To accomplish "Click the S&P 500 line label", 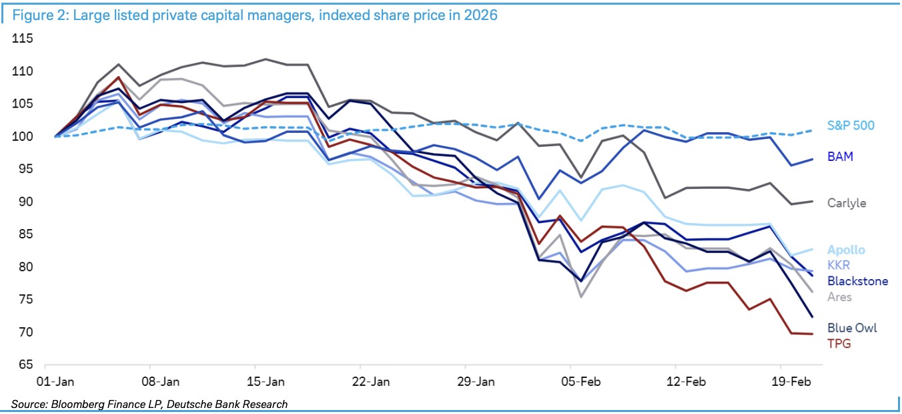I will coord(850,126).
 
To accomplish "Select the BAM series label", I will coord(840,157).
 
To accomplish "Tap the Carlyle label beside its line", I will coord(847,203).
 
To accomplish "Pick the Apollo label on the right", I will coord(846,250).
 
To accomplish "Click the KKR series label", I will coord(839,266).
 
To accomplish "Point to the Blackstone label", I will coord(857,281).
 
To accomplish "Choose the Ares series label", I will coord(839,296).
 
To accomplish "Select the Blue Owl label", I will coord(852,328).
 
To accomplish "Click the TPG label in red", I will coord(839,343).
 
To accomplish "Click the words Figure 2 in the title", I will coord(40,15).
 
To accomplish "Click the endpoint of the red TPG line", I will coord(812,334).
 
